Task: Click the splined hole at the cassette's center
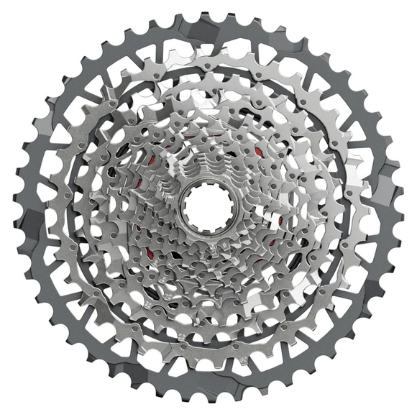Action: pos(208,207)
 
